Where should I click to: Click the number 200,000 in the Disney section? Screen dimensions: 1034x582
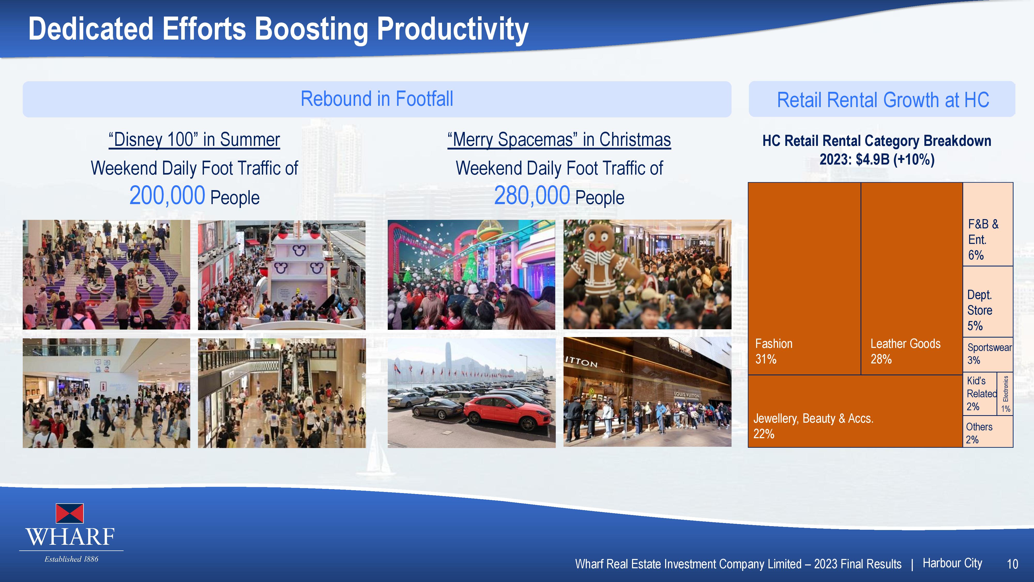(167, 196)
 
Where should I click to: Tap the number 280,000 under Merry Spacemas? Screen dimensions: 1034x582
(532, 196)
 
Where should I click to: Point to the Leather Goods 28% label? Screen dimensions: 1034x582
(905, 351)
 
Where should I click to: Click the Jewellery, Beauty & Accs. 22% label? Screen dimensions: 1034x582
(813, 426)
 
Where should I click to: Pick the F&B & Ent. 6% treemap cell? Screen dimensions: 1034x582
(988, 224)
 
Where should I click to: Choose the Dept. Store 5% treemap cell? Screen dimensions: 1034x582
(988, 302)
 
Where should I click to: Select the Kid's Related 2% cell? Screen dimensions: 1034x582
(980, 394)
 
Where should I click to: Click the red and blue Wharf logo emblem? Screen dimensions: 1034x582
(70, 513)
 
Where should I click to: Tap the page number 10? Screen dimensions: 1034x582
(1012, 564)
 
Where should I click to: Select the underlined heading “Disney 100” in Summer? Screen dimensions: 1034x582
(194, 140)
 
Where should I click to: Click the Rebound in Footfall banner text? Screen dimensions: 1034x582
(377, 99)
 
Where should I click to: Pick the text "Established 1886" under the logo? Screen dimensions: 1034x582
(71, 559)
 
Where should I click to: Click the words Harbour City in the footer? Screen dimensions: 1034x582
(952, 563)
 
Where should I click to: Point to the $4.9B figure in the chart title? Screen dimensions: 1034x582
(873, 159)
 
